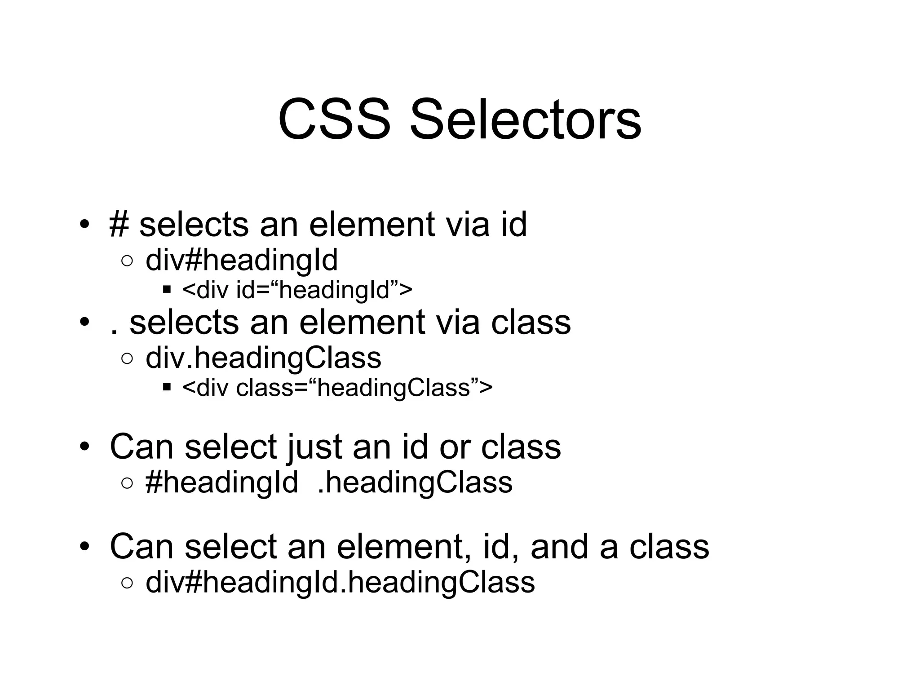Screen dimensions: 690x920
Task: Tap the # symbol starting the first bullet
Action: [x=119, y=225]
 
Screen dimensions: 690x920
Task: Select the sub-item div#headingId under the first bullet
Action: [x=241, y=261]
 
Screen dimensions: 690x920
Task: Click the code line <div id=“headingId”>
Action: [x=297, y=290]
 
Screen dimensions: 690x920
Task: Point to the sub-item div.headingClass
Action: [x=263, y=358]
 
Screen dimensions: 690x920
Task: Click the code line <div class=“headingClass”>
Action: [x=337, y=388]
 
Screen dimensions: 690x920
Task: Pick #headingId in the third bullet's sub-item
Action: [x=221, y=483]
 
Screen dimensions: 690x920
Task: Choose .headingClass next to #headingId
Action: [x=415, y=483]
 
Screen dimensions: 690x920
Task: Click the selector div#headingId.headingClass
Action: [x=340, y=583]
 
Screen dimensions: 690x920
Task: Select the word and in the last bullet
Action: [x=559, y=547]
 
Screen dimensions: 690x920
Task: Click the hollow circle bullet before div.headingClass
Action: [x=127, y=358]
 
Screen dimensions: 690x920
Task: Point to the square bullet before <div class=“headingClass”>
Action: [x=167, y=387]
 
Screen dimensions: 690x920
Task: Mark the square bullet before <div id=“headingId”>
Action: [x=167, y=290]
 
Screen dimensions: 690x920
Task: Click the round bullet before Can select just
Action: [x=84, y=447]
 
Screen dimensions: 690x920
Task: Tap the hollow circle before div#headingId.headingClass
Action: [x=127, y=583]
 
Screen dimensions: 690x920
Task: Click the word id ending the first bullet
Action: [x=514, y=225]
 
